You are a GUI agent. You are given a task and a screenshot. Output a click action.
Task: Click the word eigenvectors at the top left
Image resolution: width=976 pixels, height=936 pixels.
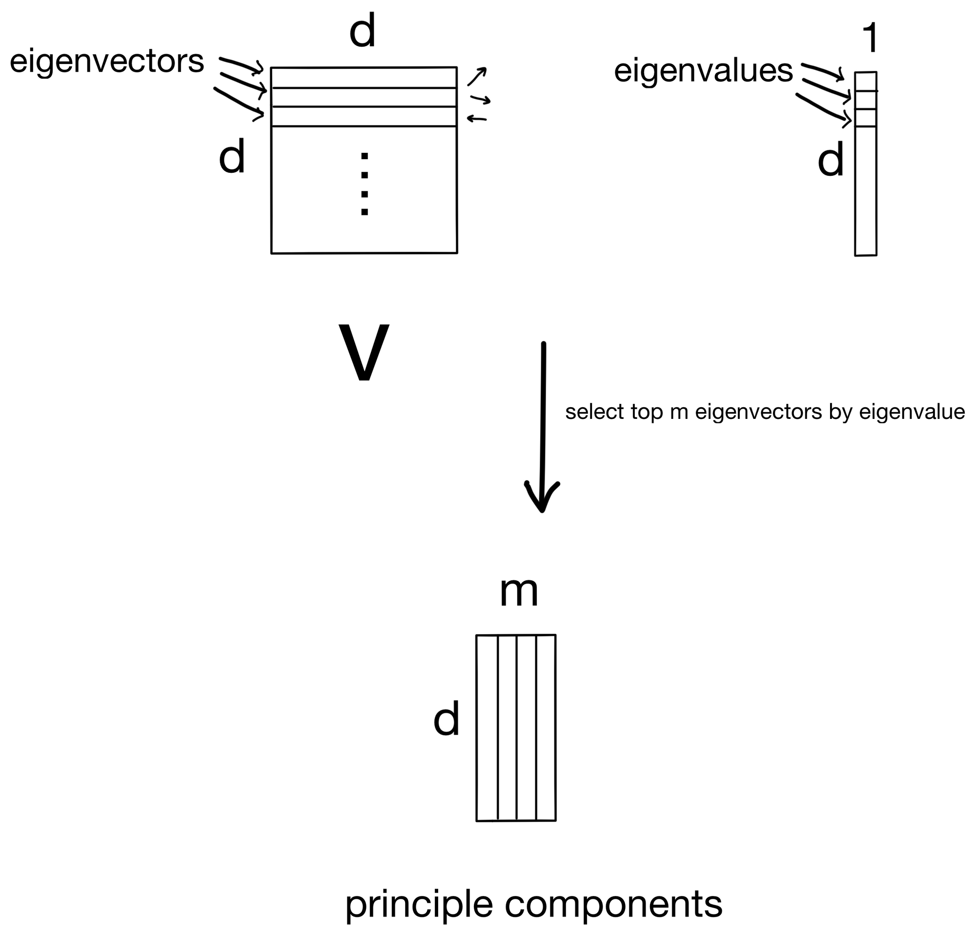click(x=106, y=62)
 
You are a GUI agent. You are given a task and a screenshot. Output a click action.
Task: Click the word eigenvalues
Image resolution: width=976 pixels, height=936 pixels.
click(x=703, y=71)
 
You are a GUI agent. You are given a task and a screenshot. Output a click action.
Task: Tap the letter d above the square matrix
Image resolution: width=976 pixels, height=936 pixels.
click(x=362, y=31)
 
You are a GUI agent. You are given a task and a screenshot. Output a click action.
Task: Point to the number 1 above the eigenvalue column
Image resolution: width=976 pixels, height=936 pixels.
click(x=870, y=39)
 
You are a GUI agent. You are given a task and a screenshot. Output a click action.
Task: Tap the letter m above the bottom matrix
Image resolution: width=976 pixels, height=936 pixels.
click(x=519, y=592)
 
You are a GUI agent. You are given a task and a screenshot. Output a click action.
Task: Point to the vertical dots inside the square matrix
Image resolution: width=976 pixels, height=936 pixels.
click(x=365, y=184)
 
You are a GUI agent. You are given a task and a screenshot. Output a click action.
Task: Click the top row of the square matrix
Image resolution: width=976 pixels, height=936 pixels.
click(x=364, y=78)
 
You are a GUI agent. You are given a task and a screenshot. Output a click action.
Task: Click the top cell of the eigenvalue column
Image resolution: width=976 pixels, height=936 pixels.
click(x=865, y=82)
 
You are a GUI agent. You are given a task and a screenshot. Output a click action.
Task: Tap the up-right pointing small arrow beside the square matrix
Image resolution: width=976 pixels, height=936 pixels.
click(x=477, y=76)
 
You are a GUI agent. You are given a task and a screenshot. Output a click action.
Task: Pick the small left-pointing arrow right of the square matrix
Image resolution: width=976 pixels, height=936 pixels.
click(x=477, y=119)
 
